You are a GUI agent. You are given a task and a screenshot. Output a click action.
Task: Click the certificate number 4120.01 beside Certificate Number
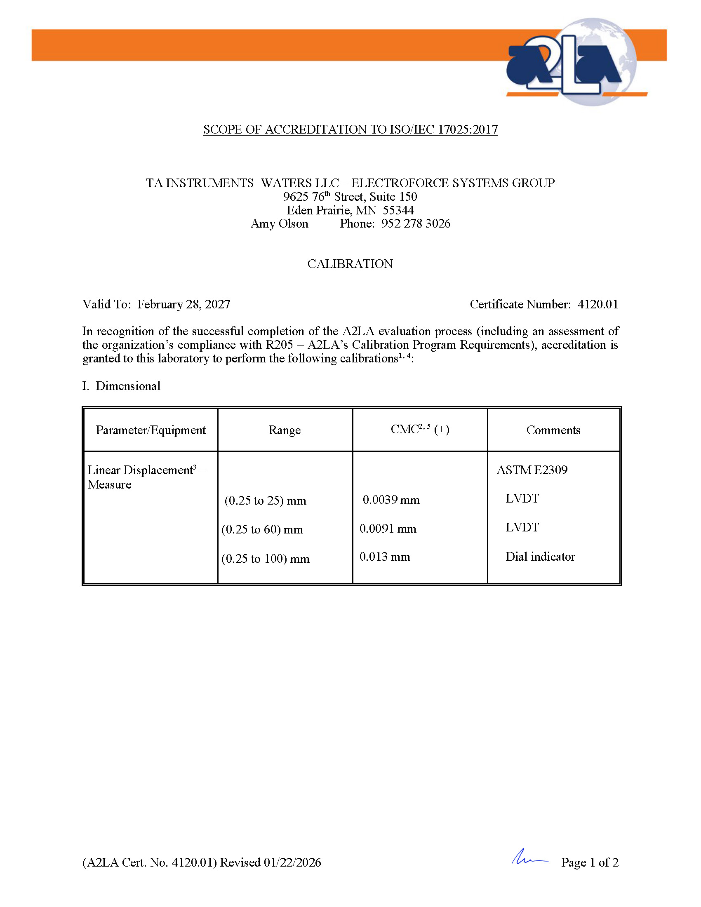click(597, 304)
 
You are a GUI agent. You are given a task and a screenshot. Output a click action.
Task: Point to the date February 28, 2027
click(183, 304)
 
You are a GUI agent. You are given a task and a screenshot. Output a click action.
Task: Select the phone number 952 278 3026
click(416, 223)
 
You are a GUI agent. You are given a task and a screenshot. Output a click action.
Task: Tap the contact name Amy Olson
click(280, 223)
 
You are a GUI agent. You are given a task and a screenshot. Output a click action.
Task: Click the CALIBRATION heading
click(350, 264)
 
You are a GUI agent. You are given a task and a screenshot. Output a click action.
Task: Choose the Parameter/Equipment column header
click(151, 430)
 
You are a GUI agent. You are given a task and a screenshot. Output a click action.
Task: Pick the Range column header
click(285, 430)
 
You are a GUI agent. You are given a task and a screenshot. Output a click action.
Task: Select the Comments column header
click(553, 430)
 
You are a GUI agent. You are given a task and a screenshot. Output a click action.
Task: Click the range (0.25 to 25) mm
click(266, 500)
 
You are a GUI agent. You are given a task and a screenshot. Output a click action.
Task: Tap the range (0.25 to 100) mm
click(266, 559)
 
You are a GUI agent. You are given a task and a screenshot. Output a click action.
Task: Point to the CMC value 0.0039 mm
click(391, 500)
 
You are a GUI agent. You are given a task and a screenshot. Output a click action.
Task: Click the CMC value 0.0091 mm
click(388, 529)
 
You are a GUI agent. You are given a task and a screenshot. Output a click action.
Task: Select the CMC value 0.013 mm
click(385, 557)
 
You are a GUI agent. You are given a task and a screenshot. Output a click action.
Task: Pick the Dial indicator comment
click(540, 557)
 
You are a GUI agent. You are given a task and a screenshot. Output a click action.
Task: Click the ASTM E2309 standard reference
click(532, 470)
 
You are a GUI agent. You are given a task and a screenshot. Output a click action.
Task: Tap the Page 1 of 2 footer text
click(590, 862)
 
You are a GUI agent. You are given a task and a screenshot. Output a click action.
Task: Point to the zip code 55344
click(398, 210)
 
